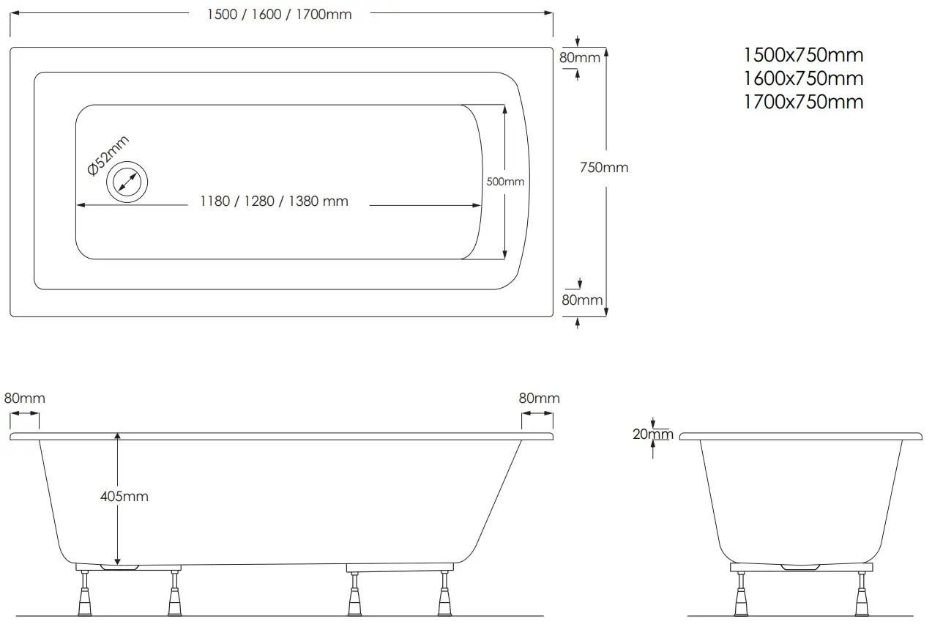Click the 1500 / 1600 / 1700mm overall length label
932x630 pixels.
click(x=279, y=15)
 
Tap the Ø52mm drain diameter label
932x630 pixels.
click(x=108, y=155)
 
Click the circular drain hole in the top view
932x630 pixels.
click(x=127, y=182)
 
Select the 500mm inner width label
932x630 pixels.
click(x=505, y=182)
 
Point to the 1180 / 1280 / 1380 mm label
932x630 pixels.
click(x=275, y=201)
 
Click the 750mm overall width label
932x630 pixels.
click(x=604, y=167)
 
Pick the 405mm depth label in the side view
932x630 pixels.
click(x=124, y=497)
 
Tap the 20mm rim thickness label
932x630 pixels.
click(x=653, y=434)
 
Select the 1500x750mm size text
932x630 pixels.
click(x=803, y=55)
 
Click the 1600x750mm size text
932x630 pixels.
click(x=803, y=78)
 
